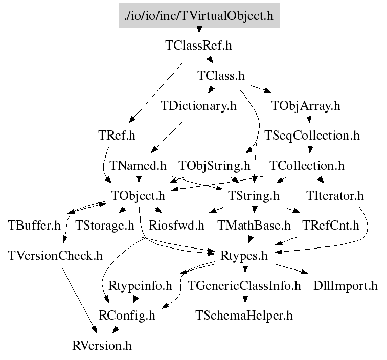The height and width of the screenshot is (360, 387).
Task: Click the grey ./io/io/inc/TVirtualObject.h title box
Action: coord(199,15)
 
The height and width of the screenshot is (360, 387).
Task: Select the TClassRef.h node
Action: coord(198,45)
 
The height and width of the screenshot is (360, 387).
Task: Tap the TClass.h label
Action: coord(221,76)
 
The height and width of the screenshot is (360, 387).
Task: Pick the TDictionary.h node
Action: coord(198,106)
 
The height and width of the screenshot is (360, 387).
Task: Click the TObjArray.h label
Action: coord(306,106)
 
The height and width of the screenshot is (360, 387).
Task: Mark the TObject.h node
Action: coord(138,195)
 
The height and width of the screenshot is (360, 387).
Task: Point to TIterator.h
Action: coord(335,195)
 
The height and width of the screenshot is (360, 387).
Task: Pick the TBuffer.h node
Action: coord(34,225)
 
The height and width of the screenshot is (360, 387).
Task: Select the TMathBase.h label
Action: coord(254,225)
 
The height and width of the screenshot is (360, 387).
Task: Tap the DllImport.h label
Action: coord(346,285)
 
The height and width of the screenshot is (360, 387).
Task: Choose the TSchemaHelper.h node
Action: coord(244,314)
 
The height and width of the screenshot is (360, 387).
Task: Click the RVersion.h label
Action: coord(102,345)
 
